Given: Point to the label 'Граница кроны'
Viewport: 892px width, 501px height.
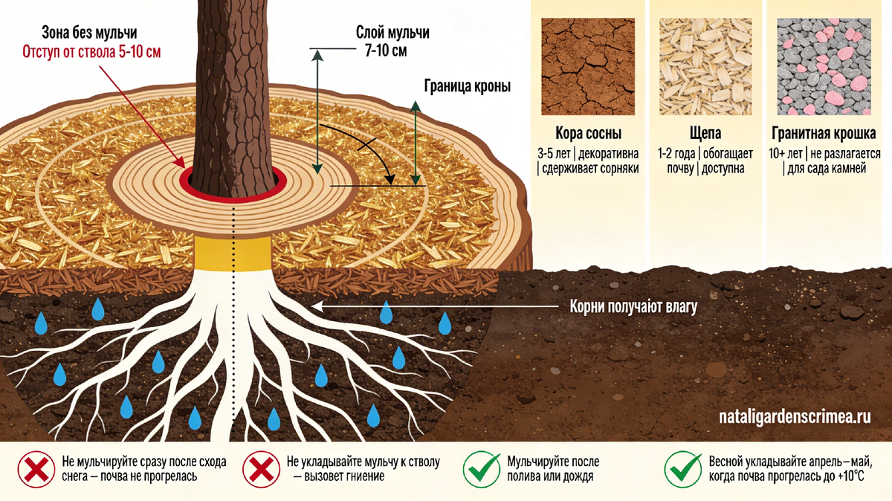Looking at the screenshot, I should pyautogui.click(x=466, y=85).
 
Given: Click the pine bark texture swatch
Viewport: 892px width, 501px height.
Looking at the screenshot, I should pyautogui.click(x=588, y=66).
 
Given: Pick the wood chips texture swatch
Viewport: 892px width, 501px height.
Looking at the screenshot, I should pyautogui.click(x=705, y=66).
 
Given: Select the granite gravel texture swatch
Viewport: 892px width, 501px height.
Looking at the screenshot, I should pyautogui.click(x=824, y=66).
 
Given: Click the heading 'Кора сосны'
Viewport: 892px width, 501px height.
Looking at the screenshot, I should pyautogui.click(x=588, y=133).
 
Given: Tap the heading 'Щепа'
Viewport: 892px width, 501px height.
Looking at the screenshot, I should pyautogui.click(x=705, y=133).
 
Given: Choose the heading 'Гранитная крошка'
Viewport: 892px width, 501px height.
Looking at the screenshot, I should pyautogui.click(x=824, y=133).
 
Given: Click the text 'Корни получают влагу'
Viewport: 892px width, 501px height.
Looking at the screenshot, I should pyautogui.click(x=633, y=306).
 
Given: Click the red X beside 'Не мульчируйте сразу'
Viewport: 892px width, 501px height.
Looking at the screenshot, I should pyautogui.click(x=36, y=468).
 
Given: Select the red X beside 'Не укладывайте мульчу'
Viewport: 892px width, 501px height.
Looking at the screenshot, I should pyautogui.click(x=261, y=468).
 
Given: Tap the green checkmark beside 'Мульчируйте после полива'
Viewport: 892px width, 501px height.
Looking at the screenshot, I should pyautogui.click(x=481, y=468).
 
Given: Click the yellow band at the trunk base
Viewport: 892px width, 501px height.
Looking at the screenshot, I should pyautogui.click(x=232, y=253).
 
